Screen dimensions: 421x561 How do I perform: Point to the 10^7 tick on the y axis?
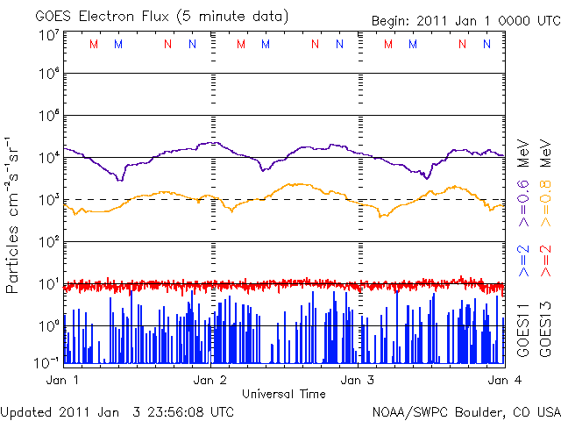coord(48,35)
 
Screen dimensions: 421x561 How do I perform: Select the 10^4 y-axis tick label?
coord(48,156)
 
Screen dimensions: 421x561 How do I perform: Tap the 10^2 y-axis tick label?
coord(48,240)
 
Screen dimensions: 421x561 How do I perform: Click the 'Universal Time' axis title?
coord(284,394)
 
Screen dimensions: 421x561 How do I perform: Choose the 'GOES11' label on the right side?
coord(522,329)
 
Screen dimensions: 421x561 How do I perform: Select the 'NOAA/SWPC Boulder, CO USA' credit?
coord(465,410)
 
